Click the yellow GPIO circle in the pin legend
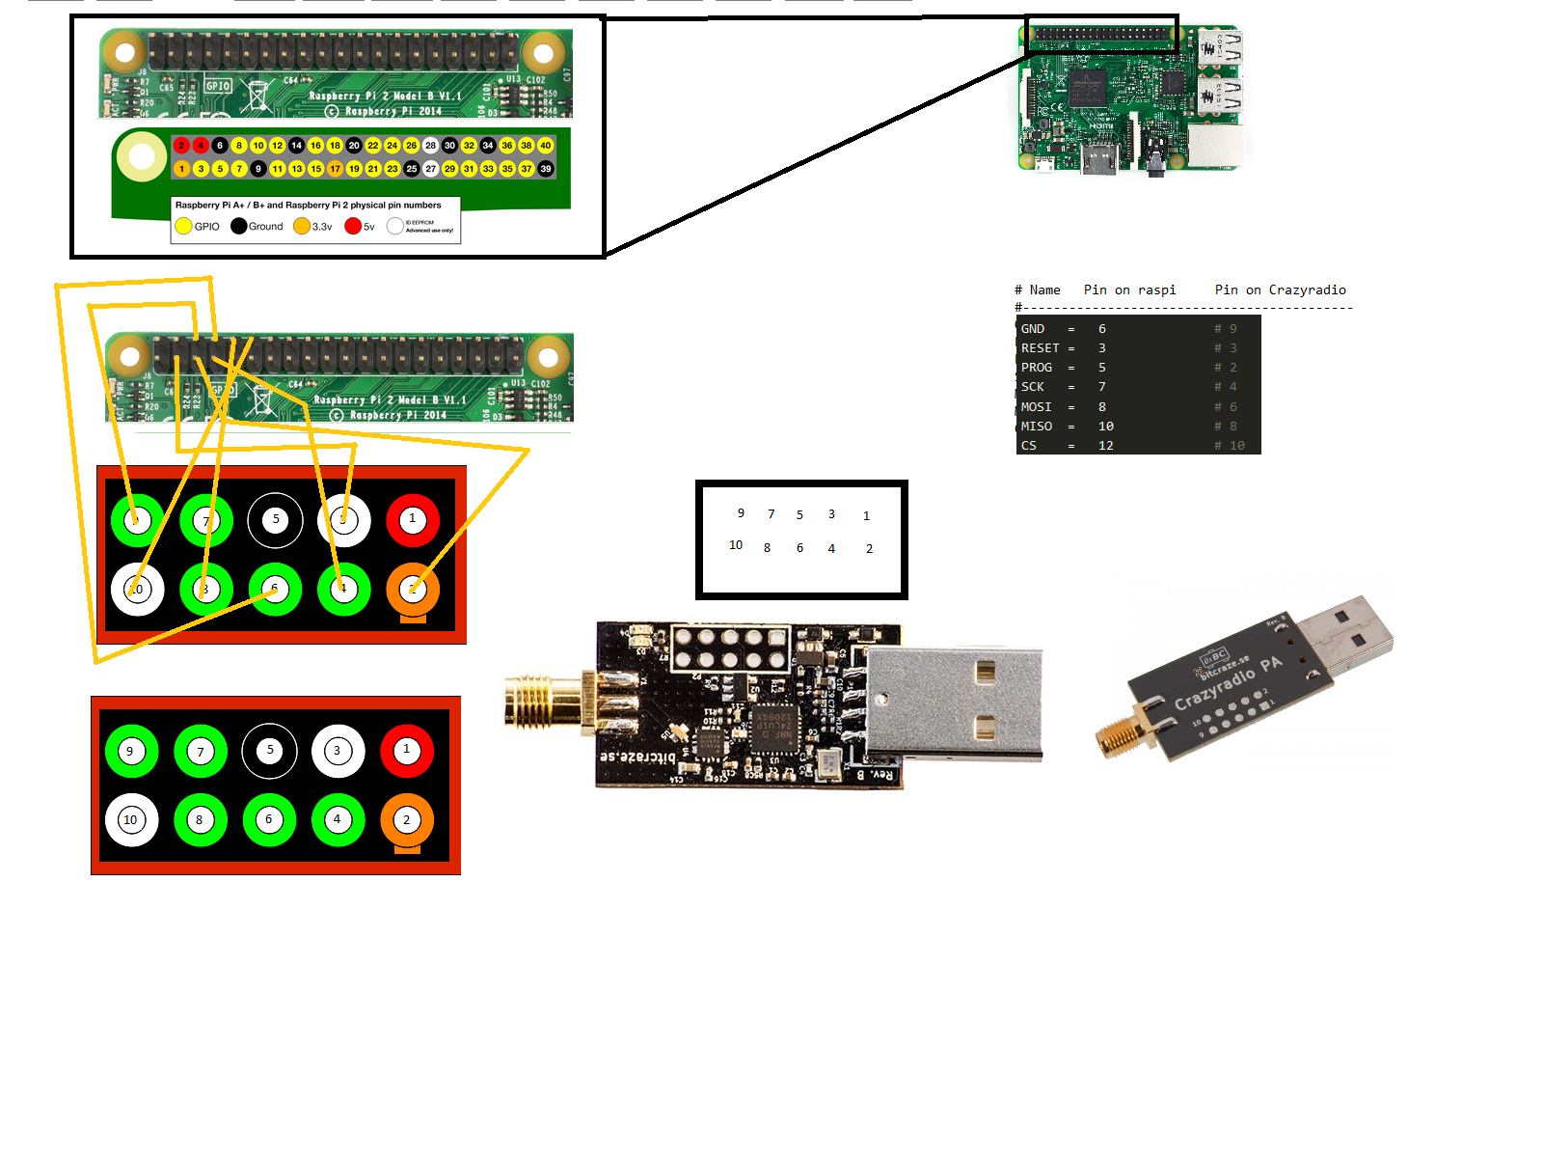(183, 226)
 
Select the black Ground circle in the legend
(238, 226)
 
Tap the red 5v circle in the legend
(353, 226)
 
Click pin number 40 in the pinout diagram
(546, 146)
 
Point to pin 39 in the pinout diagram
(546, 169)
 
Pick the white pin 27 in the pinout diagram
(431, 169)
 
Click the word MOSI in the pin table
(1036, 406)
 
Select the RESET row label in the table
(1040, 348)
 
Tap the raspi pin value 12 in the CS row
(1105, 446)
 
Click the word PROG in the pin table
(1036, 368)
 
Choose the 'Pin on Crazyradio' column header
(1280, 289)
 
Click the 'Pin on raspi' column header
(1129, 289)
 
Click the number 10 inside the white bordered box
(736, 545)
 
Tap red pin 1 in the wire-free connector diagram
(407, 750)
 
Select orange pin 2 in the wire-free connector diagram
(407, 819)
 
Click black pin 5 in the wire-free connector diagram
(270, 750)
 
